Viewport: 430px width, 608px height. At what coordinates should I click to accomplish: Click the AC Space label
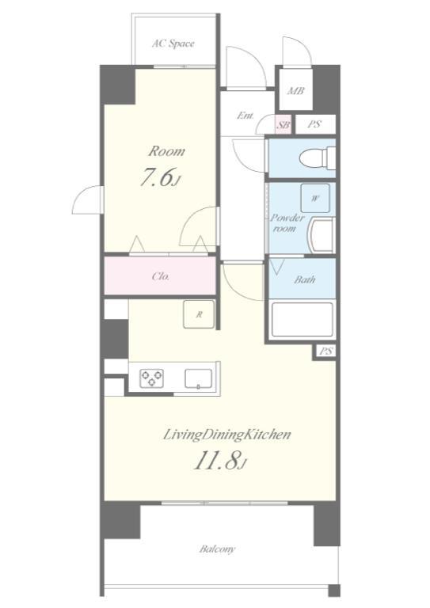173,44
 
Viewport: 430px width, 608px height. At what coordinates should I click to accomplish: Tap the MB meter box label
295,91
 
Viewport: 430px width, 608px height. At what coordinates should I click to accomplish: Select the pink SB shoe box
283,125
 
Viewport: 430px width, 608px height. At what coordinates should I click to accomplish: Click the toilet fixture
318,158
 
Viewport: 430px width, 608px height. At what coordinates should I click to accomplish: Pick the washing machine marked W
315,198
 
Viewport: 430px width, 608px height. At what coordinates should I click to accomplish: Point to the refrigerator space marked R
199,314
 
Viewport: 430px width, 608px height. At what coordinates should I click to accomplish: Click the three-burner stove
151,378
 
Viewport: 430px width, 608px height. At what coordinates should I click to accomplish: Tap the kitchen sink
198,378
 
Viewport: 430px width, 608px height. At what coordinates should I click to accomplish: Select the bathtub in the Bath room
303,320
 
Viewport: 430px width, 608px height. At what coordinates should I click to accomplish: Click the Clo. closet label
161,276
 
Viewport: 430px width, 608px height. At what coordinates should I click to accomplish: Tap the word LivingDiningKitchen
226,435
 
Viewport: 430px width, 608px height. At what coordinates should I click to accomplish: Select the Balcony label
217,549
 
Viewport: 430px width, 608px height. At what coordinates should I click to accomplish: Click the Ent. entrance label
245,115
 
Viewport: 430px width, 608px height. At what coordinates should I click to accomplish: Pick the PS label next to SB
314,124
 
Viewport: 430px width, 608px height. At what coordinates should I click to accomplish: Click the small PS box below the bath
326,351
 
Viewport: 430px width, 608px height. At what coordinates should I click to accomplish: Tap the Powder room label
287,223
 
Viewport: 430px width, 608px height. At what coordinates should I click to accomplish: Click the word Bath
304,279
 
